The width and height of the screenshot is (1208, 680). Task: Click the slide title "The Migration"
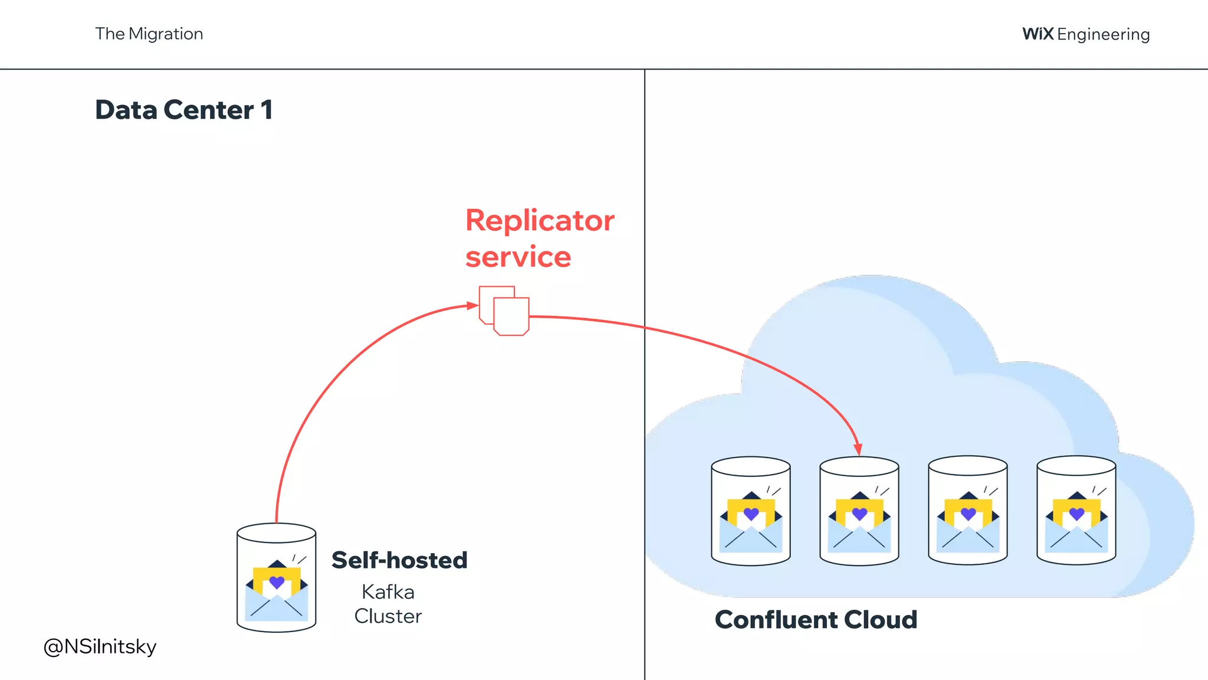pyautogui.click(x=149, y=34)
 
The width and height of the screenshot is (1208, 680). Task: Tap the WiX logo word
pyautogui.click(x=1038, y=34)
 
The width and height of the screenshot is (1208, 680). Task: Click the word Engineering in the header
pyautogui.click(x=1103, y=35)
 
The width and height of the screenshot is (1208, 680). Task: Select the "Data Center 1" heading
pyautogui.click(x=183, y=110)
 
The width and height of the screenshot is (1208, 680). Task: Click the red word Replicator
pyautogui.click(x=539, y=221)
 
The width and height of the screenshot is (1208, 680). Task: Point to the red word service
pyautogui.click(x=518, y=257)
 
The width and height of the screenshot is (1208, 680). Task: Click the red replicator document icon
pyautogui.click(x=504, y=310)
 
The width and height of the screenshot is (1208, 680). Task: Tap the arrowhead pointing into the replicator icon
pyautogui.click(x=472, y=305)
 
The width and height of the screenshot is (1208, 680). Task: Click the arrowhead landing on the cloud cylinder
pyautogui.click(x=858, y=449)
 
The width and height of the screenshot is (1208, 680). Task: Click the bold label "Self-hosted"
pyautogui.click(x=399, y=560)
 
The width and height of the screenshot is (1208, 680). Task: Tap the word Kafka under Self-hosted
pyautogui.click(x=388, y=591)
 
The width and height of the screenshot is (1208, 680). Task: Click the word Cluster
pyautogui.click(x=388, y=616)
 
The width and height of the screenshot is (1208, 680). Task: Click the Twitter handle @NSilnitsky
pyautogui.click(x=100, y=646)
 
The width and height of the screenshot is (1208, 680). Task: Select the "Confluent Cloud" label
pyautogui.click(x=816, y=620)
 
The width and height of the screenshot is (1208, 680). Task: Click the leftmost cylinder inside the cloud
pyautogui.click(x=750, y=511)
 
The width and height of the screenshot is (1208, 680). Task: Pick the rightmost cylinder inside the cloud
pyautogui.click(x=1076, y=511)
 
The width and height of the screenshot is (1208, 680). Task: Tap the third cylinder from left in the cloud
pyautogui.click(x=967, y=511)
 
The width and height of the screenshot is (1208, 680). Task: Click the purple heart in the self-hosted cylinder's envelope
pyautogui.click(x=277, y=582)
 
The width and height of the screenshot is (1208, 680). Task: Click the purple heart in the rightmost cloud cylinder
pyautogui.click(x=1076, y=514)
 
